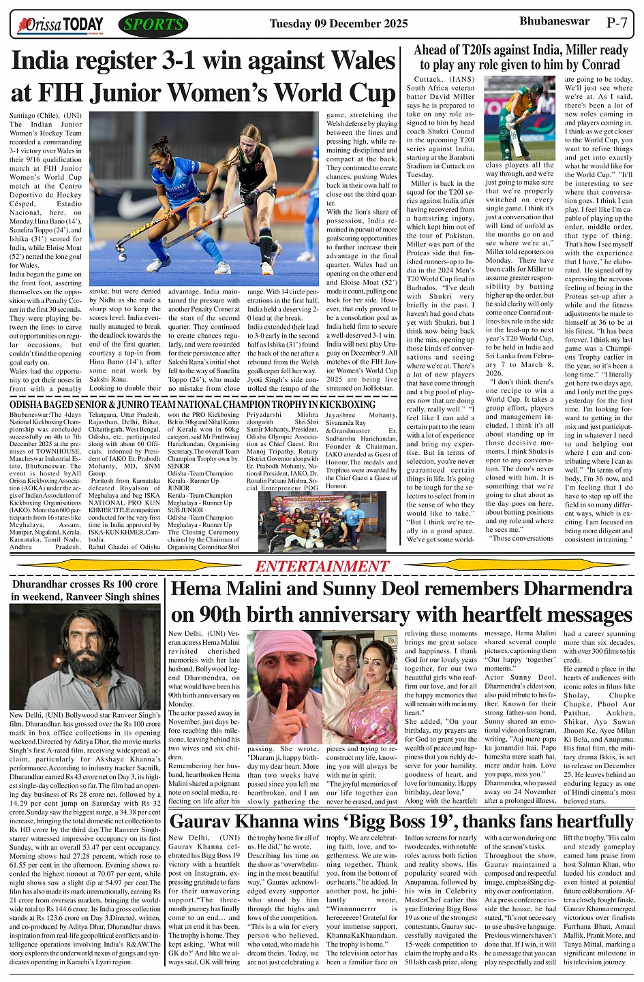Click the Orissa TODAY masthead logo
[x=62, y=25]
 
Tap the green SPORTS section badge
[x=153, y=25]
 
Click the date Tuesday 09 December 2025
[x=339, y=24]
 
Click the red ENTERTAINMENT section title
[x=322, y=567]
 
